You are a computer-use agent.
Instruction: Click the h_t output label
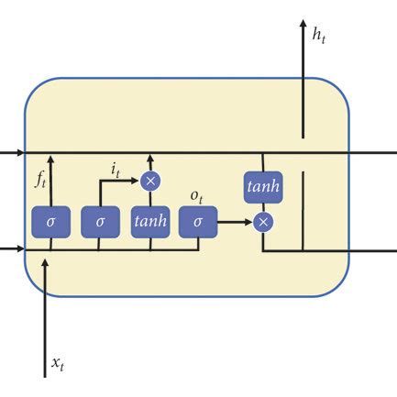point(319,35)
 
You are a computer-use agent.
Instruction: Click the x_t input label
point(58,364)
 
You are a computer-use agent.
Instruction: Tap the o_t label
point(196,197)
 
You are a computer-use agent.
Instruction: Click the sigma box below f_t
point(50,223)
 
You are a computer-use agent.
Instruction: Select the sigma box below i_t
point(100,223)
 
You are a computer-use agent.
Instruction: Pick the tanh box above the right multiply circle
point(262,187)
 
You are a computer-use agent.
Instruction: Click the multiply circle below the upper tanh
point(263,222)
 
